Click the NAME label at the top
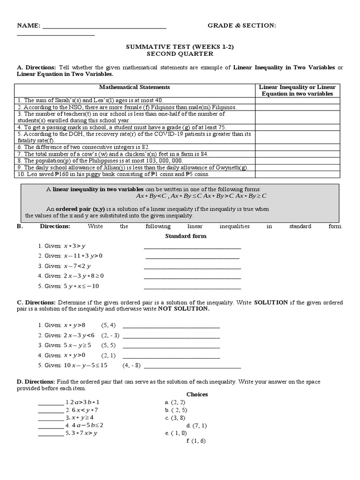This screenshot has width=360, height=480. [29, 25]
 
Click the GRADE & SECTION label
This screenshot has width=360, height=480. [241, 25]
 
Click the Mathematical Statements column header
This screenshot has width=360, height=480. [135, 87]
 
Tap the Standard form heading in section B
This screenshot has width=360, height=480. [186, 236]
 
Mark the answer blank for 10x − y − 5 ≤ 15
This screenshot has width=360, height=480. [194, 366]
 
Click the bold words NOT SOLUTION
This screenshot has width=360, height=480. [183, 309]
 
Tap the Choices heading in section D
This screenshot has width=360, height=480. [197, 394]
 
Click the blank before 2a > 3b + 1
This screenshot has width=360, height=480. [50, 403]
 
